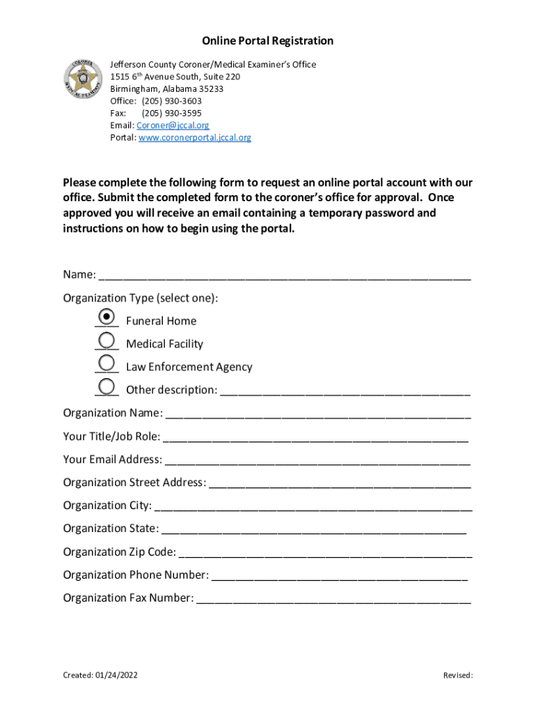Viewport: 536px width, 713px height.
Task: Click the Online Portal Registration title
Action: pyautogui.click(x=268, y=41)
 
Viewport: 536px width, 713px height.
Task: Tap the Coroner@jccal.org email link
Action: pyautogui.click(x=173, y=125)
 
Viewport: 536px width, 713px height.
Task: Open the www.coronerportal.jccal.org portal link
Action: pyautogui.click(x=195, y=138)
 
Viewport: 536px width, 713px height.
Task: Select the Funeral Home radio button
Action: pyautogui.click(x=107, y=318)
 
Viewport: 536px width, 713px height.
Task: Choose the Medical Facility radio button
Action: pyautogui.click(x=107, y=340)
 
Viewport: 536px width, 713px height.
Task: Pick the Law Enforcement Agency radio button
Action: pyautogui.click(x=107, y=363)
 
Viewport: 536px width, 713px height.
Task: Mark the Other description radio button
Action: pyautogui.click(x=107, y=386)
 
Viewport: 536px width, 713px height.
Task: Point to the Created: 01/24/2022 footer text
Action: pyautogui.click(x=95, y=675)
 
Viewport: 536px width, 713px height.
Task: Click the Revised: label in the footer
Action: pyautogui.click(x=458, y=675)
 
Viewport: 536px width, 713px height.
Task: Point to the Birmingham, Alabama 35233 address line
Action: pyautogui.click(x=166, y=89)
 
